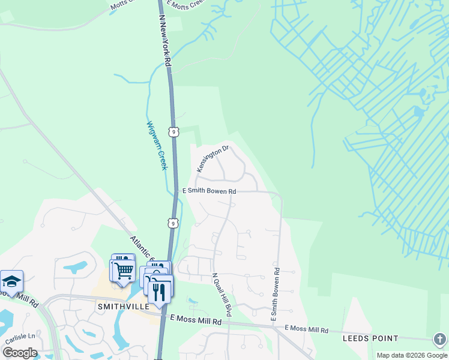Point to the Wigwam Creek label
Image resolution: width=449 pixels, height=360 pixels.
click(x=155, y=146)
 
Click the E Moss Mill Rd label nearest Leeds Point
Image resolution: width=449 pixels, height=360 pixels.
click(x=306, y=329)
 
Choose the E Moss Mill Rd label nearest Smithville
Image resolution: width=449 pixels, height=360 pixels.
click(x=196, y=321)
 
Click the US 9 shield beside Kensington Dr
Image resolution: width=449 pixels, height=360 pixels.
click(x=173, y=131)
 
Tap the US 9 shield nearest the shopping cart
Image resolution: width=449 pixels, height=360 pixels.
click(x=172, y=223)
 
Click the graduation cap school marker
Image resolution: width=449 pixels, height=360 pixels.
click(x=11, y=281)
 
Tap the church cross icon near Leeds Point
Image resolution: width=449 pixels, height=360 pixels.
click(x=439, y=339)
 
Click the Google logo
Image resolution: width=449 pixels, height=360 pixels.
click(x=19, y=352)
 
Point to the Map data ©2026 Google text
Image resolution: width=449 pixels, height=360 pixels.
click(x=412, y=355)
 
